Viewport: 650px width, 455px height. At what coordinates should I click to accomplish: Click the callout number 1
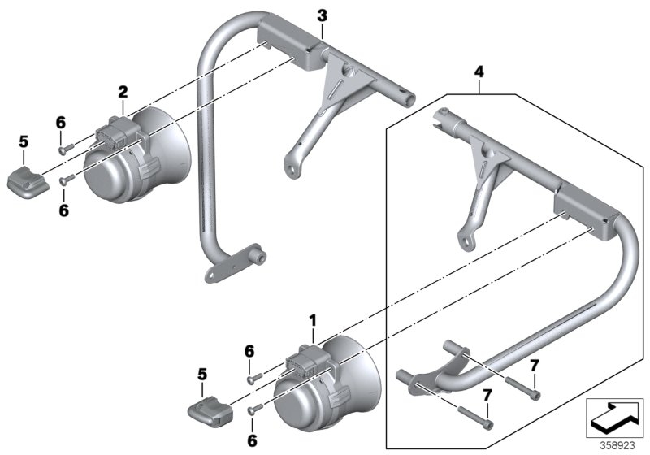click(312, 323)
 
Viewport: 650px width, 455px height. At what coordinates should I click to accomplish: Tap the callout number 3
click(322, 15)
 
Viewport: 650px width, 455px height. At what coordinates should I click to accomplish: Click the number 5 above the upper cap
click(24, 143)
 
